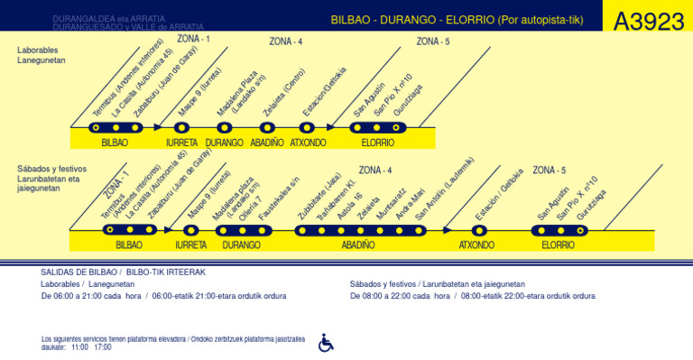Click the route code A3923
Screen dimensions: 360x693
coord(648,21)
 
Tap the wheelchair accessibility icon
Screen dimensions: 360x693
coord(326,342)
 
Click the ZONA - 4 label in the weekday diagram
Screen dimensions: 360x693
coord(286,42)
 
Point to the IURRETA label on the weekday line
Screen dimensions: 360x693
coord(181,143)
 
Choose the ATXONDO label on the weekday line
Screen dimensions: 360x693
coord(308,143)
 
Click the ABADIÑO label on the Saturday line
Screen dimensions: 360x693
coord(358,245)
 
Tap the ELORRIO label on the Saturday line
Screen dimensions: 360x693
coord(558,245)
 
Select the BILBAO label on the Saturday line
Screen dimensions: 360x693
coord(129,245)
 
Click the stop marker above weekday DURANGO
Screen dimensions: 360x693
coord(225,128)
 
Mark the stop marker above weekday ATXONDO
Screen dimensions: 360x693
coord(308,128)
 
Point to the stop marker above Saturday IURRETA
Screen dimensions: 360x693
coord(191,230)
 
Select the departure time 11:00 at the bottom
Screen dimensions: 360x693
coord(79,346)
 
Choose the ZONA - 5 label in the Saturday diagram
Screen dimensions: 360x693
coord(549,170)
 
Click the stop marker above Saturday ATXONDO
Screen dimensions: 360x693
coord(476,230)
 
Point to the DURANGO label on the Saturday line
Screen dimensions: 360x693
coord(241,245)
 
